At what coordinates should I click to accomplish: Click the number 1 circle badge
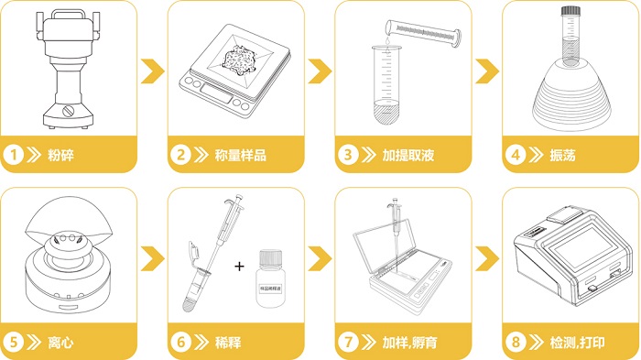pyautogui.click(x=14, y=155)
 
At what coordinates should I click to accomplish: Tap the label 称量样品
pyautogui.click(x=240, y=155)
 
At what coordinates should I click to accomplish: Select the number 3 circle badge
pyautogui.click(x=347, y=155)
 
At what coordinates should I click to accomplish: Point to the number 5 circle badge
pyautogui.click(x=14, y=343)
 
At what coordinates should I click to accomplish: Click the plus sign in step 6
pyautogui.click(x=240, y=267)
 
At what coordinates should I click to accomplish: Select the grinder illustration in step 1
pyautogui.click(x=65, y=69)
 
